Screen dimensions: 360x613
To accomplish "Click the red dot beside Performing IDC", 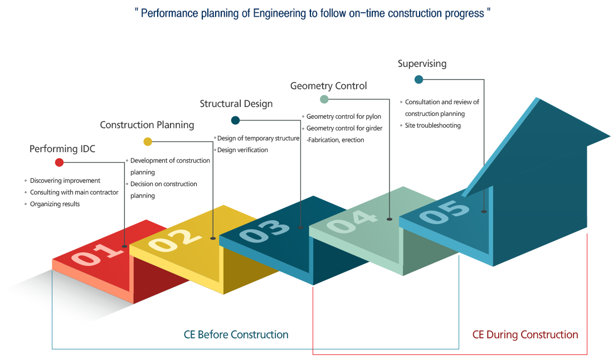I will tap(60, 163).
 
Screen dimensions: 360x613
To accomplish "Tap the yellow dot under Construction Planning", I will tap(148, 142).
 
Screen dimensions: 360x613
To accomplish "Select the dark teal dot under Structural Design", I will tap(235, 120).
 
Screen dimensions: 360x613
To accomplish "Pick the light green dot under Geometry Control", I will tap(324, 100).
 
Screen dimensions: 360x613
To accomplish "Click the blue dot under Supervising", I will tap(419, 80).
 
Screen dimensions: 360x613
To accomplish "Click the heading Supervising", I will tap(422, 64).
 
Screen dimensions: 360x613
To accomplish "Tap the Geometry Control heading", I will tap(328, 86).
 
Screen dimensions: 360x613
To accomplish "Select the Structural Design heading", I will tap(236, 104).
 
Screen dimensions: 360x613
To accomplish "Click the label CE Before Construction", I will tap(236, 335).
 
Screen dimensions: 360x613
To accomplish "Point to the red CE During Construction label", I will tap(525, 335).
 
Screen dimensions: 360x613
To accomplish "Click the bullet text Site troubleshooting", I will tap(432, 125).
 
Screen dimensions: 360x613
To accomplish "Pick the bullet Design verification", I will tap(242, 150).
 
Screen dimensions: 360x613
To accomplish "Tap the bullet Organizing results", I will tap(55, 204).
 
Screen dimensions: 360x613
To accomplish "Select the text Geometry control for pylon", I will tap(343, 117).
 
